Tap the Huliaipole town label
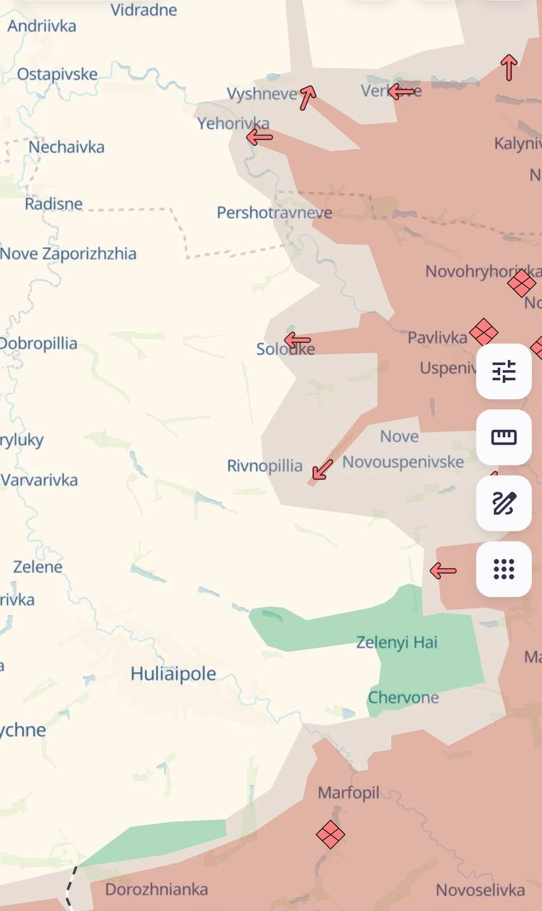click(x=173, y=673)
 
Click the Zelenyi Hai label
click(x=397, y=642)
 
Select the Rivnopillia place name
click(x=265, y=466)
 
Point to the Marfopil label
click(x=349, y=792)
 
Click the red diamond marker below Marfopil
click(x=331, y=834)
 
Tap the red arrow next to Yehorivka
click(x=260, y=137)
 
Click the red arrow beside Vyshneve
click(x=307, y=97)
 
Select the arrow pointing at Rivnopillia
click(x=322, y=470)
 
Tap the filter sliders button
click(x=504, y=372)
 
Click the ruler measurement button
click(x=504, y=437)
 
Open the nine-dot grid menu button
click(x=504, y=569)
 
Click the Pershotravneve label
click(x=274, y=213)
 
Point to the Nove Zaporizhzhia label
click(x=68, y=254)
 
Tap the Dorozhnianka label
click(x=156, y=889)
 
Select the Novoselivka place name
click(x=480, y=890)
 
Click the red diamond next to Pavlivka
click(x=484, y=332)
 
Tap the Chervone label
click(x=403, y=697)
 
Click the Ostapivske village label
click(x=57, y=74)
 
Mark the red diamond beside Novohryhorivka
click(x=521, y=283)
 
